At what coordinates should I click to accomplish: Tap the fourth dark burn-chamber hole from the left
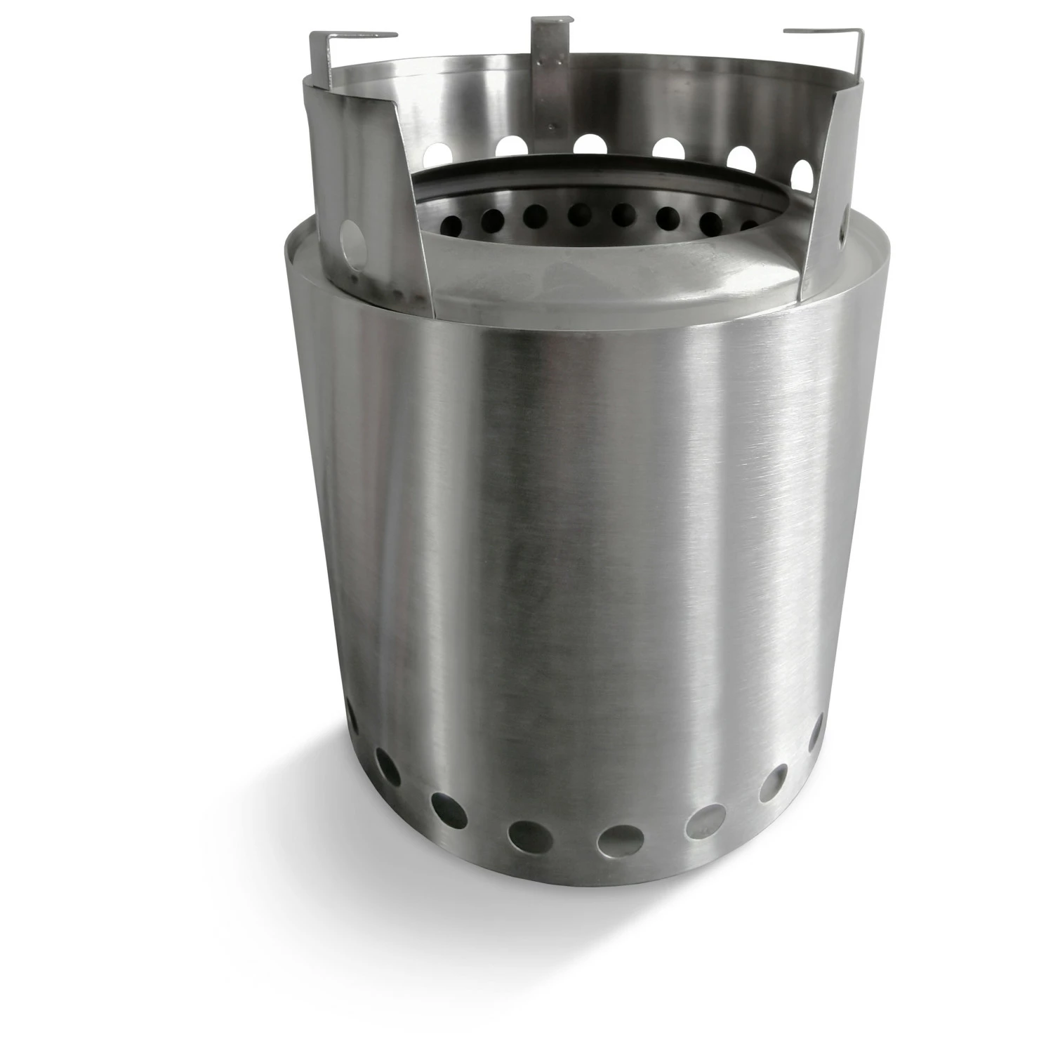pos(580,214)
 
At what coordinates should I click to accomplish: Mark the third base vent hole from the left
pos(449,811)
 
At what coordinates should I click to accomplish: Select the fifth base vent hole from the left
pos(621,840)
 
